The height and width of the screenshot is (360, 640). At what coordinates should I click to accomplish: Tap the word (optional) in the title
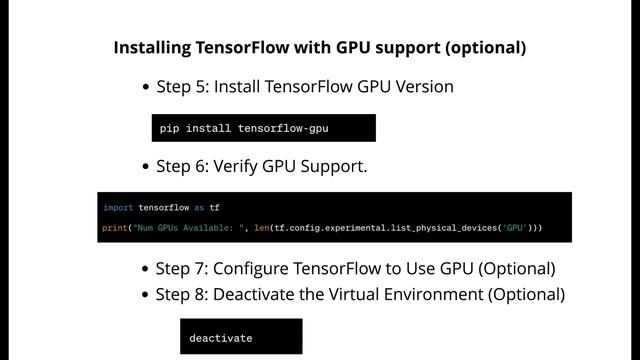(x=486, y=47)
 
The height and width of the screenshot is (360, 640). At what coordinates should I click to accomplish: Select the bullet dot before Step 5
(x=147, y=87)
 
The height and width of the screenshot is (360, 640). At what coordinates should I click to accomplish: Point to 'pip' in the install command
(x=169, y=129)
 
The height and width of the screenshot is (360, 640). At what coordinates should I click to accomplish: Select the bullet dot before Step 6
(x=147, y=167)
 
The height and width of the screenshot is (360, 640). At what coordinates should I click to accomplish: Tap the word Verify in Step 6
(x=238, y=167)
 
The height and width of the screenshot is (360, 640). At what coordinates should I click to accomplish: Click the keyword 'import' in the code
(x=118, y=208)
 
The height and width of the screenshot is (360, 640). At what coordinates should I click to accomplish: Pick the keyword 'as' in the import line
(x=199, y=208)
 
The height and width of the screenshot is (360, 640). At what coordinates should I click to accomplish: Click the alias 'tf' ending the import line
(x=214, y=208)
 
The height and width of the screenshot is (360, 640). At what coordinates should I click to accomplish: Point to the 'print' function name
(x=115, y=228)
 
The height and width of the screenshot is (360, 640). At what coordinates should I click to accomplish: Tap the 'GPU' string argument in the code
(x=516, y=228)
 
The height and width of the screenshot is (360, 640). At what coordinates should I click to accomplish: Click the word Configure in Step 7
(x=252, y=269)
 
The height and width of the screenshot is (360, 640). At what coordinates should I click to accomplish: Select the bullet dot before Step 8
(x=147, y=296)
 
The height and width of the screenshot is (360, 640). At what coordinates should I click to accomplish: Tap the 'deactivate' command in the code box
(x=221, y=338)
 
